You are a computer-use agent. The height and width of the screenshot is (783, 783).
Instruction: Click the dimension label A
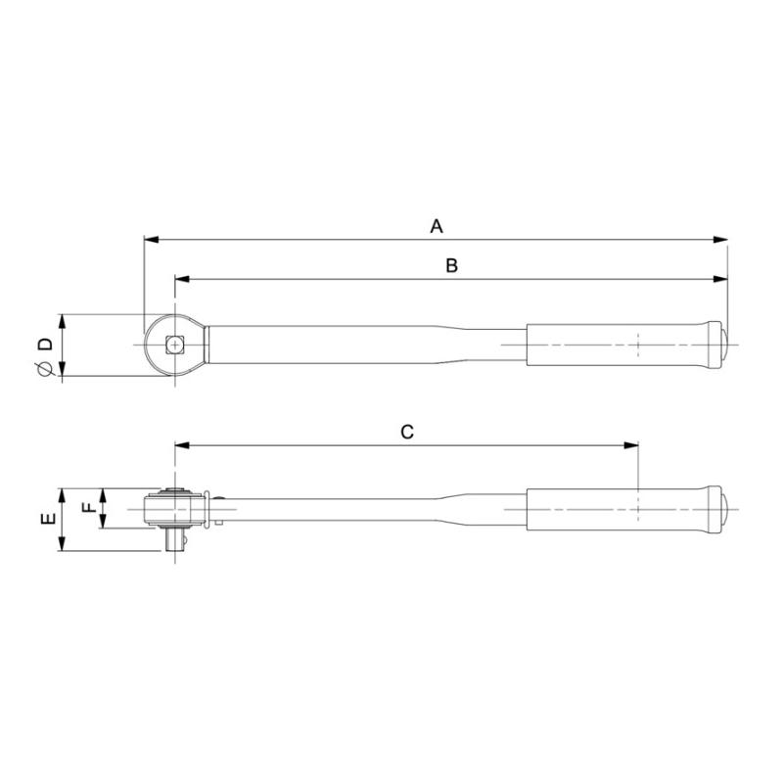click(x=438, y=226)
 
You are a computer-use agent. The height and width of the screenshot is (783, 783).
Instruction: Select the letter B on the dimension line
click(x=452, y=266)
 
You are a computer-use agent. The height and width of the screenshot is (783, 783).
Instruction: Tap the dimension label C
click(x=408, y=432)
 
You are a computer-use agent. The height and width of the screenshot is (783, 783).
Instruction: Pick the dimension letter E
click(x=46, y=520)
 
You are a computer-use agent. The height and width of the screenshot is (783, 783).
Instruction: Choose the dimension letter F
click(x=87, y=508)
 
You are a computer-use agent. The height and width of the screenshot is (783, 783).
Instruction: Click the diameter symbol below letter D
click(x=43, y=368)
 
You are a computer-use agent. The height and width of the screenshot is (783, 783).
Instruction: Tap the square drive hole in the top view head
click(x=175, y=344)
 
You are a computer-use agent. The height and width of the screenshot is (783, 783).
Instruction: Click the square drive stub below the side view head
click(x=176, y=540)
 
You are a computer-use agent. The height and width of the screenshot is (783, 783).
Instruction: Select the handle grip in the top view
click(x=617, y=344)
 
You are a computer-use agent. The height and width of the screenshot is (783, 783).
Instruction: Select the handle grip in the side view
click(x=617, y=509)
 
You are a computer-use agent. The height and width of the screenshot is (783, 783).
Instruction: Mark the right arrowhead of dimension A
click(x=722, y=239)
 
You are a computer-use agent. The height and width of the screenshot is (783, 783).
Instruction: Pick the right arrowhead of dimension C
click(x=631, y=446)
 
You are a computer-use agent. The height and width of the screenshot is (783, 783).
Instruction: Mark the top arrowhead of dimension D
click(x=63, y=321)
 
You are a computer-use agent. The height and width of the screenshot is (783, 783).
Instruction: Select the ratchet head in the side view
click(x=176, y=509)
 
